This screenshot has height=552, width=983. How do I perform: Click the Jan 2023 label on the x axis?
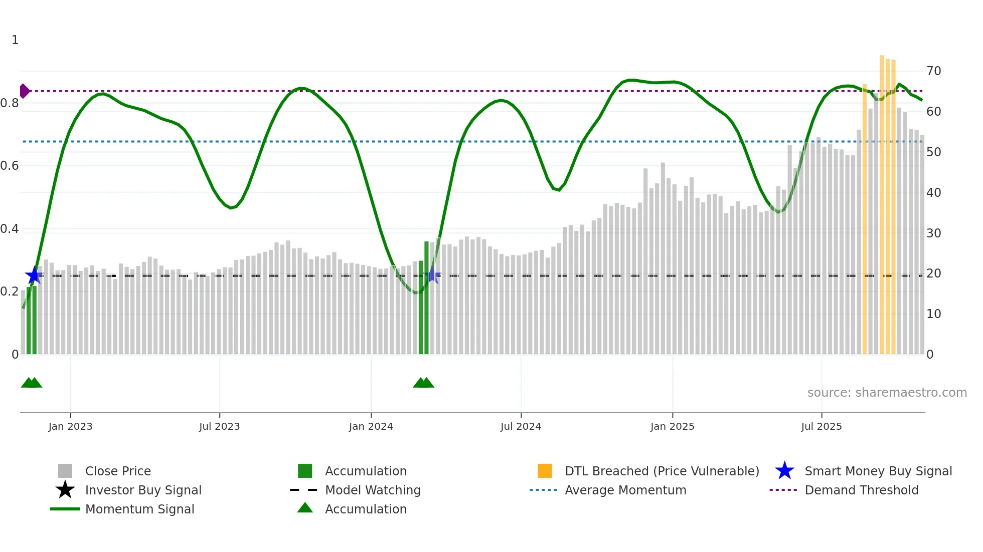pos(70,426)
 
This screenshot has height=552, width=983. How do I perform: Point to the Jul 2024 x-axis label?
pos(521,426)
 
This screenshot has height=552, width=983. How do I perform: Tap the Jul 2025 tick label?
pos(821,426)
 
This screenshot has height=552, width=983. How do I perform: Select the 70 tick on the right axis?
pos(933,71)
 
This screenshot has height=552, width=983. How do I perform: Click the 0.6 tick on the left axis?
pos(10,166)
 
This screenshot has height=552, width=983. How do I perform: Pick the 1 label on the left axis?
pos(15,40)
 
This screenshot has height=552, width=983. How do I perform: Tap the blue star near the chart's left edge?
pos(34,275)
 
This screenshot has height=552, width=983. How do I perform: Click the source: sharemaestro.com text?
pos(887,393)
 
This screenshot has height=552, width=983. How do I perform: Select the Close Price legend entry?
pos(118,471)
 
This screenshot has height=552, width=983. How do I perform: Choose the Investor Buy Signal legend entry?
pos(143,490)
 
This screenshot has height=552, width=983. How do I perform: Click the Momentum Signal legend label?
pos(139,509)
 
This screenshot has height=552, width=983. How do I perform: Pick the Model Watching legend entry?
pos(373,490)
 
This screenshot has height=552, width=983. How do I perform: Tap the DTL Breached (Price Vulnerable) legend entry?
pos(662,471)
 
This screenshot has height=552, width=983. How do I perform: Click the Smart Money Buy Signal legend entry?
pos(878,471)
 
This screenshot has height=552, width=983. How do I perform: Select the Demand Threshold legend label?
pos(861,490)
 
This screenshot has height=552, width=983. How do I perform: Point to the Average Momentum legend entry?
pos(625,490)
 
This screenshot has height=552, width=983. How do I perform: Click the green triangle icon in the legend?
pos(305,508)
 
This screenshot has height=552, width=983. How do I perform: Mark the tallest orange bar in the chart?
pos(882,200)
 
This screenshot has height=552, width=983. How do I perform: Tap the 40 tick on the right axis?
pos(933,192)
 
